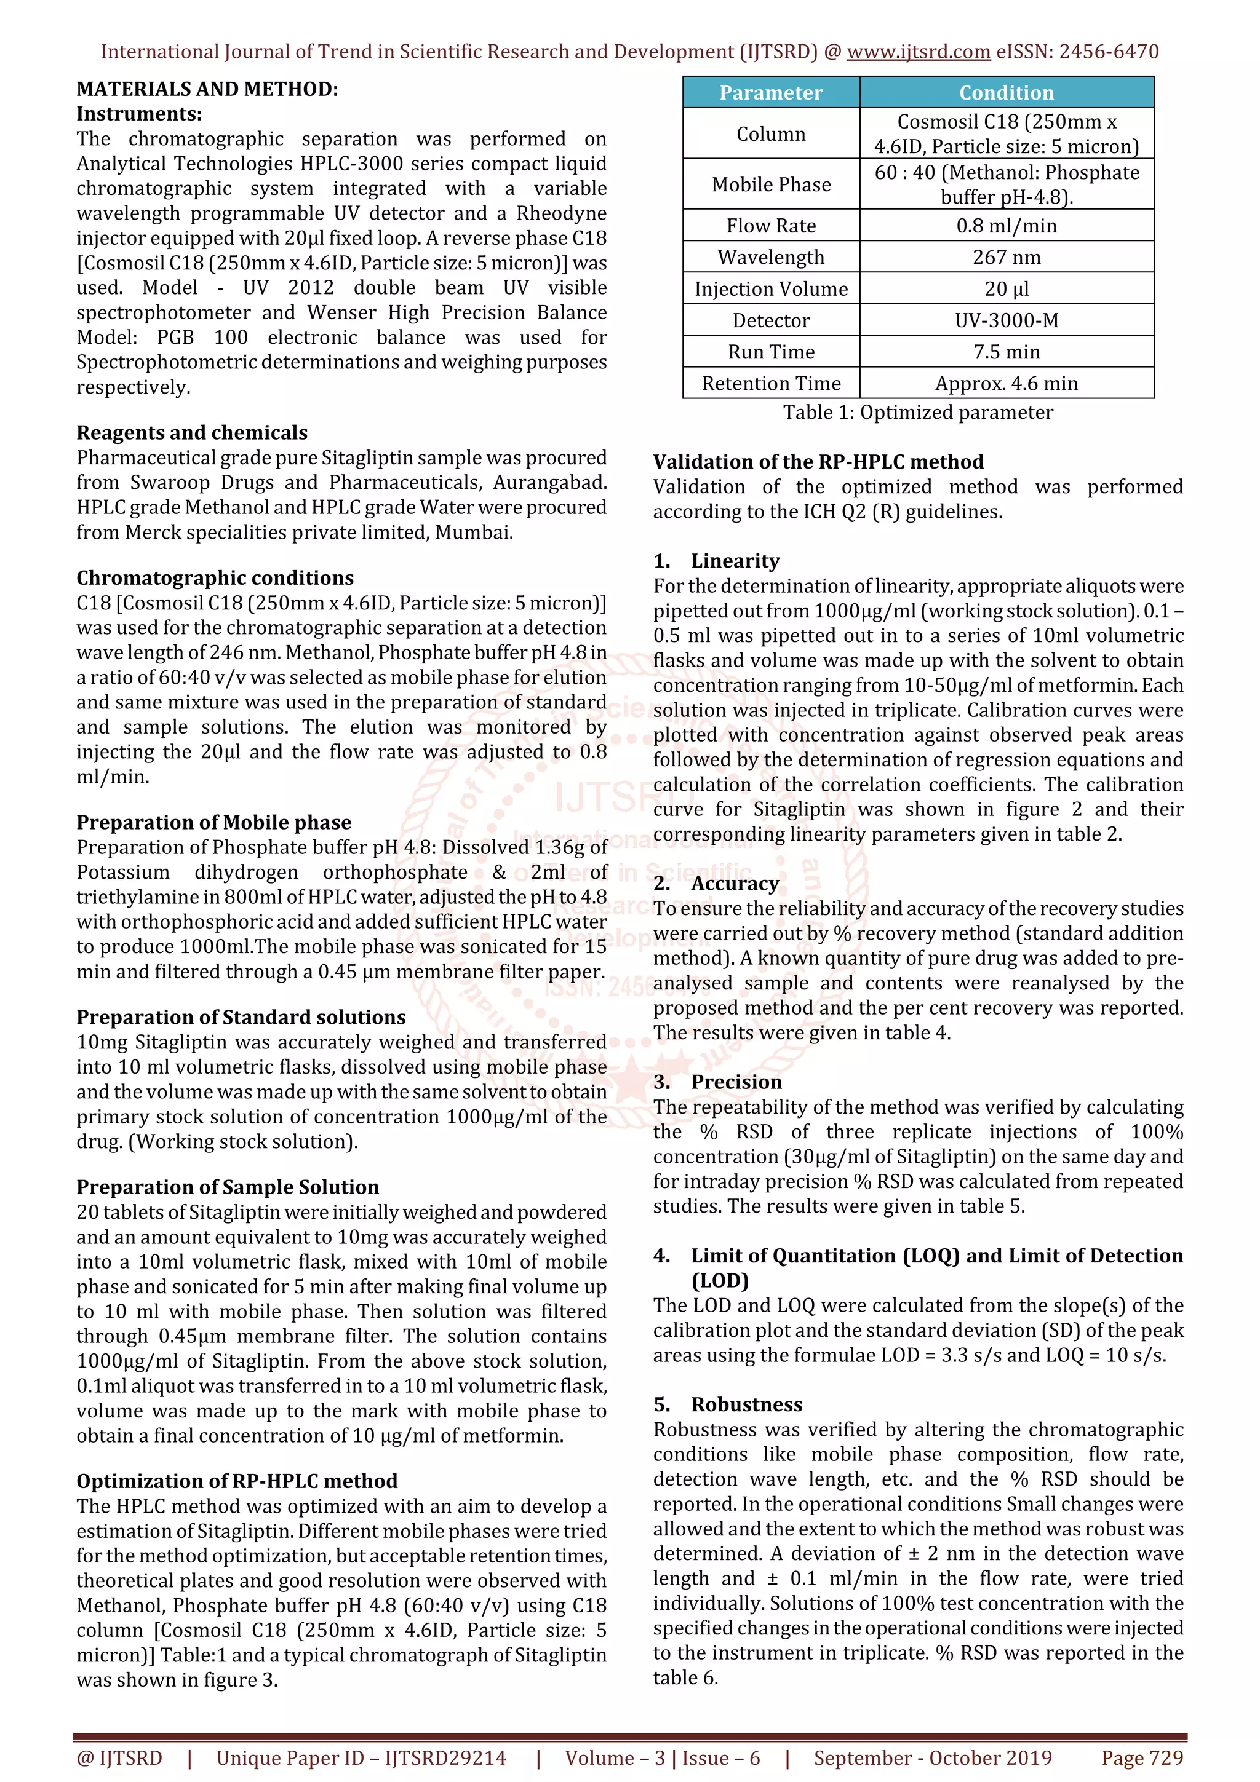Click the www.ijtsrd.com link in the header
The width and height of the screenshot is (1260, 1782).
918,52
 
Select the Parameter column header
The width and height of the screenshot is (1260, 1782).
771,93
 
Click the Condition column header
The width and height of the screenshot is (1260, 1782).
1006,93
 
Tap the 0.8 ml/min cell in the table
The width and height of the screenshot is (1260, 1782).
1006,226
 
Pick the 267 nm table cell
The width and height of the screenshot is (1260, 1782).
1006,258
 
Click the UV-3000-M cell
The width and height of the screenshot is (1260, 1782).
1006,320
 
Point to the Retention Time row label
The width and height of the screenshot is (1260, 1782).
771,384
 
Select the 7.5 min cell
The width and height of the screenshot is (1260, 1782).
1006,352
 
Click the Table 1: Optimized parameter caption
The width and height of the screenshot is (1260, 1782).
918,413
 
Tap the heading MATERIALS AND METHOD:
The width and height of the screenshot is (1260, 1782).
207,89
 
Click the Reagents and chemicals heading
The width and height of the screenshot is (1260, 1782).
192,433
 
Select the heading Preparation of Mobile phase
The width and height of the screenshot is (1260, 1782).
213,823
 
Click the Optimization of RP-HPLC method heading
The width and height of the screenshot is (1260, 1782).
237,1482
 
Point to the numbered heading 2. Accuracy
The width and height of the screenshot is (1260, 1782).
716,884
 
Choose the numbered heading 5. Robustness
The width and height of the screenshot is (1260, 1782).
727,1405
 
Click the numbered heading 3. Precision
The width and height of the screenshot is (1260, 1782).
717,1083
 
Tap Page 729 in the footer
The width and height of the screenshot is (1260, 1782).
1142,1758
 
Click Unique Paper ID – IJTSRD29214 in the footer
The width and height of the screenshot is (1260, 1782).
361,1758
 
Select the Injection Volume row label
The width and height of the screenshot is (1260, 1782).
771,290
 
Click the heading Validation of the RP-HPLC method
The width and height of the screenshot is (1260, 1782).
818,462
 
